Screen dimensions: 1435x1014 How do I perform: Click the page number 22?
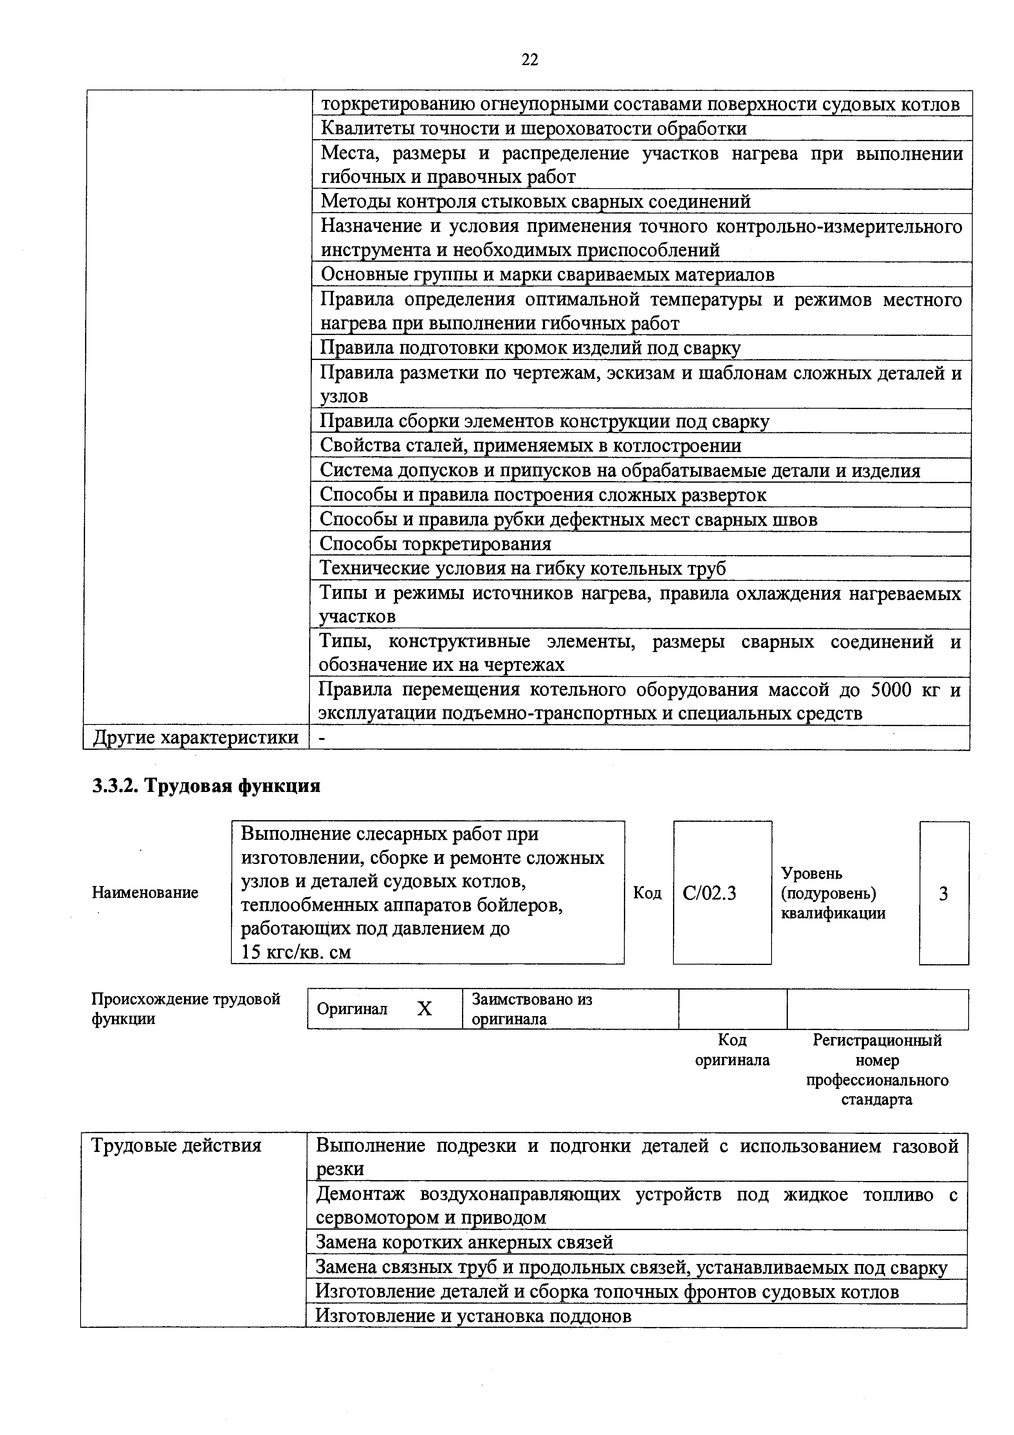tap(529, 60)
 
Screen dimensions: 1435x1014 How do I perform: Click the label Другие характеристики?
tap(195, 738)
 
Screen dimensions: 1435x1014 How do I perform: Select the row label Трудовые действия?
tap(176, 1146)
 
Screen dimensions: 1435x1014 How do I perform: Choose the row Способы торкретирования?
tap(435, 544)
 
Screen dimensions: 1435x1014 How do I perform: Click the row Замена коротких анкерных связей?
tap(464, 1242)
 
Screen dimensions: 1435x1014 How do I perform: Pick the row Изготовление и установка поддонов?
tap(473, 1316)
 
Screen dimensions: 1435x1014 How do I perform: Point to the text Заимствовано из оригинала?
tap(532, 1009)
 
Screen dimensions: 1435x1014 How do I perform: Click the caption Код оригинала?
tap(732, 1050)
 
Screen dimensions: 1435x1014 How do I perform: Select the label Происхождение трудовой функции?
tap(186, 1009)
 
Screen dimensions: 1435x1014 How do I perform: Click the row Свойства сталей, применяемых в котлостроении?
tap(530, 445)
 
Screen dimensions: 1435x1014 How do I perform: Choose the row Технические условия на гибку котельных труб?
tap(522, 568)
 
